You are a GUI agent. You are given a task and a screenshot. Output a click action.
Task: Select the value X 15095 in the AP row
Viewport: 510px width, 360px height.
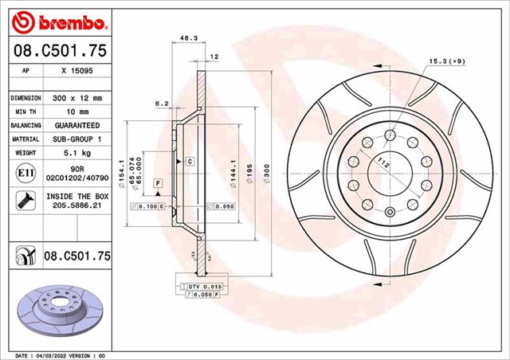[77, 70]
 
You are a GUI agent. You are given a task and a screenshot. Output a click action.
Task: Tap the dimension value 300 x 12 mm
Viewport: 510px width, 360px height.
[77, 97]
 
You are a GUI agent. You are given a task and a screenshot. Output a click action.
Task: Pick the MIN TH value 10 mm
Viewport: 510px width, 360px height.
[77, 112]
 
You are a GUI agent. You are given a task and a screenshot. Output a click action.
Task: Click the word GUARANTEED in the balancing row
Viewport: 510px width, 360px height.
[77, 126]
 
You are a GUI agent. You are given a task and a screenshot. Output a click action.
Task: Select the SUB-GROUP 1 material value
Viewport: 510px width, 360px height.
[77, 139]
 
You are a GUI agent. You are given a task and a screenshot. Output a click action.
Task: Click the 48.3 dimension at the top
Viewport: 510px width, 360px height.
[188, 37]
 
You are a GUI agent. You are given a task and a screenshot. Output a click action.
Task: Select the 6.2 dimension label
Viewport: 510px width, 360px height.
[162, 103]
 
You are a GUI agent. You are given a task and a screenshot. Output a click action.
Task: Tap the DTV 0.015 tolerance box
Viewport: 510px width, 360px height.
[200, 285]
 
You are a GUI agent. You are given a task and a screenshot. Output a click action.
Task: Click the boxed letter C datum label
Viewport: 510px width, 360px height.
[190, 162]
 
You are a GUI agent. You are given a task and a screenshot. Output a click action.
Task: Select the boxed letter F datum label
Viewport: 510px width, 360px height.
[159, 183]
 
